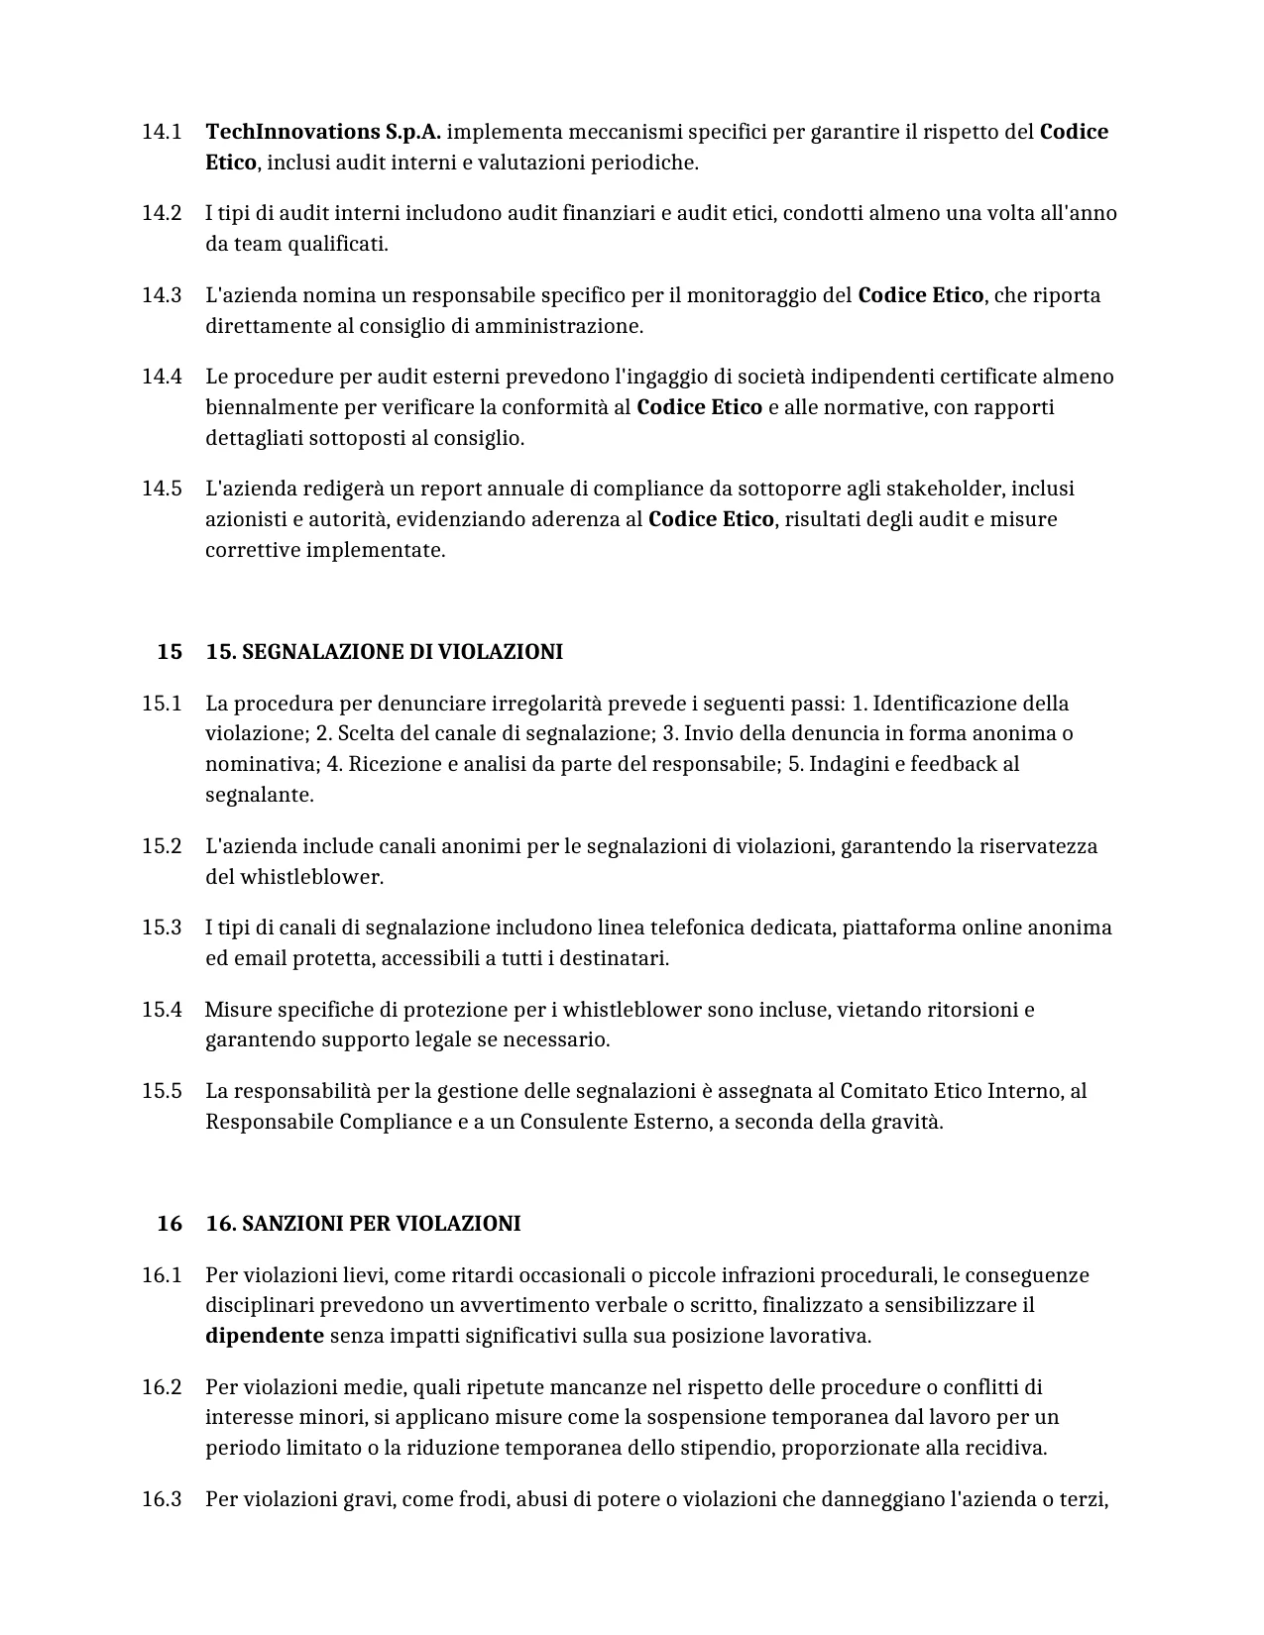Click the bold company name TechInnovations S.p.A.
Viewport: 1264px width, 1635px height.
pos(323,132)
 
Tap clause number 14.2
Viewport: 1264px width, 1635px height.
pos(162,213)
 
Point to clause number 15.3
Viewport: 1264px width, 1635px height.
pos(162,927)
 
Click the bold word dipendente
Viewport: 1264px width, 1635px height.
pos(265,1336)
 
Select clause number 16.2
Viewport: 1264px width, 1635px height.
pos(162,1387)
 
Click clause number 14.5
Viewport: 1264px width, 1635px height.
pos(162,489)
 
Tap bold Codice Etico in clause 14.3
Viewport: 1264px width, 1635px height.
pos(921,295)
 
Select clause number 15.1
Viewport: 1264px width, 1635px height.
pos(162,704)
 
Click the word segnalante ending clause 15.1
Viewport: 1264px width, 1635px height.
pos(259,795)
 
